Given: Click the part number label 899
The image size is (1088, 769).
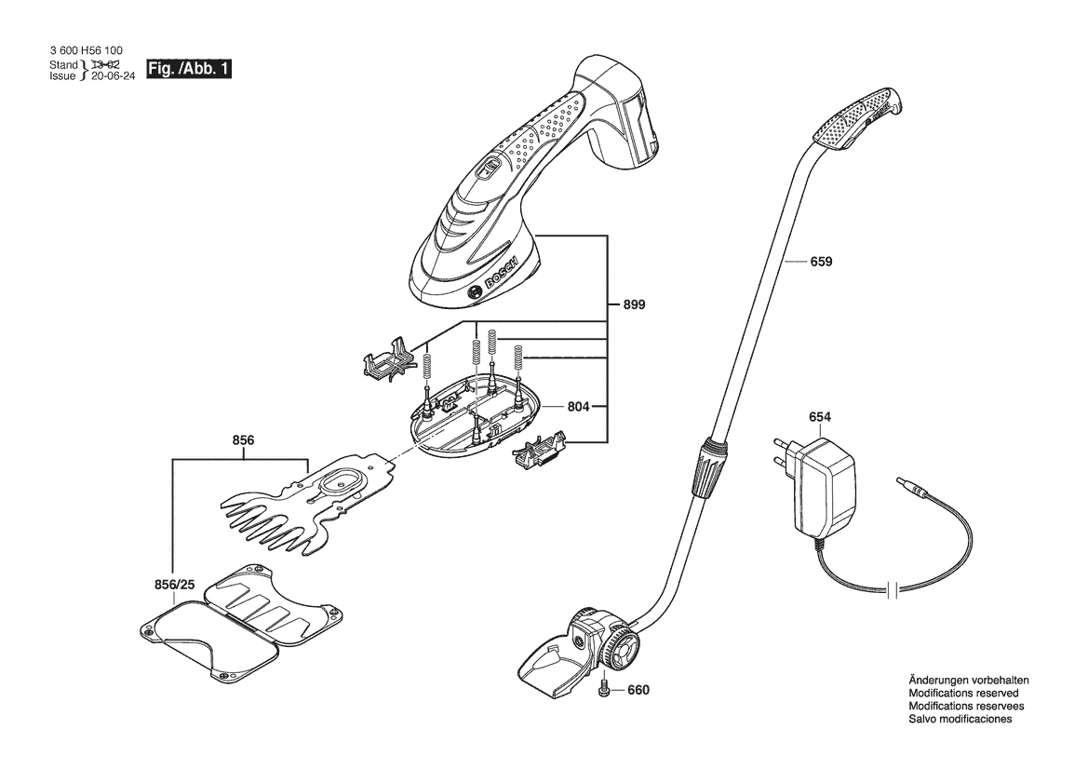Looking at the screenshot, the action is pyautogui.click(x=634, y=304).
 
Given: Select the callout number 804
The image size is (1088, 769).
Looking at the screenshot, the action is pyautogui.click(x=578, y=407).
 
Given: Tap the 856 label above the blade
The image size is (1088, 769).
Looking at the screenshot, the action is pyautogui.click(x=243, y=440).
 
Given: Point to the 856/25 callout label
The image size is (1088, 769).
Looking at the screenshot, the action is pyautogui.click(x=174, y=585).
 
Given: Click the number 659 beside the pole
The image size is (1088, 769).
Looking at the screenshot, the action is pyautogui.click(x=821, y=262).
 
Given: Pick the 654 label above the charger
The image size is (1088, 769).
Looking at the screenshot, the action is pyautogui.click(x=819, y=417).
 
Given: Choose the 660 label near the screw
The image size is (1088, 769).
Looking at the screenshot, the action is pyautogui.click(x=638, y=690).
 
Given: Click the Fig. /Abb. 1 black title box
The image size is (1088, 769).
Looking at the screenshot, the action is pyautogui.click(x=188, y=69).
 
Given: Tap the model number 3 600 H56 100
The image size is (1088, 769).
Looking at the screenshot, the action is pyautogui.click(x=87, y=50).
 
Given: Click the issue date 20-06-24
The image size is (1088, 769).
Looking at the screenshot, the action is pyautogui.click(x=113, y=75).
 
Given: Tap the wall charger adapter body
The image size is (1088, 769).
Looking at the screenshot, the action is pyautogui.click(x=825, y=485).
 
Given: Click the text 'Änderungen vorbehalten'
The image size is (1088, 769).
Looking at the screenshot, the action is pyautogui.click(x=969, y=681).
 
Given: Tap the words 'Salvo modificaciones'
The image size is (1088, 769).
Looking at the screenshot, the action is pyautogui.click(x=960, y=719).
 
